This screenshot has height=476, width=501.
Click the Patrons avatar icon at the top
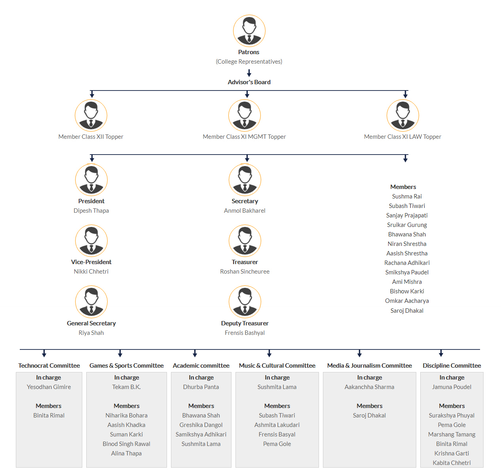click(249, 31)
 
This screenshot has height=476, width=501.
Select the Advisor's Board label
click(249, 82)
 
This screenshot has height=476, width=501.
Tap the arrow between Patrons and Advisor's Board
click(249, 73)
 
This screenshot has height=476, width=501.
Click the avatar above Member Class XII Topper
click(91, 115)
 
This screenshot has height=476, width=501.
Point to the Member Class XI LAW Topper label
click(402, 137)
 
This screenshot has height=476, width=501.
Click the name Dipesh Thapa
click(91, 211)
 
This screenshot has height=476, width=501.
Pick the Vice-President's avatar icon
click(91, 241)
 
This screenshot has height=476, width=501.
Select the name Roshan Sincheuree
click(245, 272)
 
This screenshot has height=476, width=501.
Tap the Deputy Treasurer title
click(245, 323)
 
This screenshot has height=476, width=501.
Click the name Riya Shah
click(91, 333)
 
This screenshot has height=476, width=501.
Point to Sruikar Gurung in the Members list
click(407, 225)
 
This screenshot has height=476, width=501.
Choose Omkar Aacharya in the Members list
click(407, 301)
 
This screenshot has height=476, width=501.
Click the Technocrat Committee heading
click(49, 365)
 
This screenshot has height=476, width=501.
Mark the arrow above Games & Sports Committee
click(120, 353)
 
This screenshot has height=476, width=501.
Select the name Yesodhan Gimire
click(49, 387)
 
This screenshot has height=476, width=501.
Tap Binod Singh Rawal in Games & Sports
click(126, 444)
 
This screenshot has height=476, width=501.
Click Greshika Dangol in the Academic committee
click(201, 425)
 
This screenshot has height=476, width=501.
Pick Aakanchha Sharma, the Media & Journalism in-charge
click(369, 387)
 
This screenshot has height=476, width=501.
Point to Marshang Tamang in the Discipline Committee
click(452, 434)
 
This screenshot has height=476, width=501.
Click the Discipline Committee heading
click(452, 365)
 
